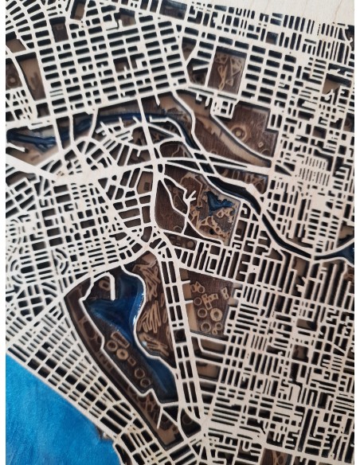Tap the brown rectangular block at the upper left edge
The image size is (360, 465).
coord(14,76)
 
